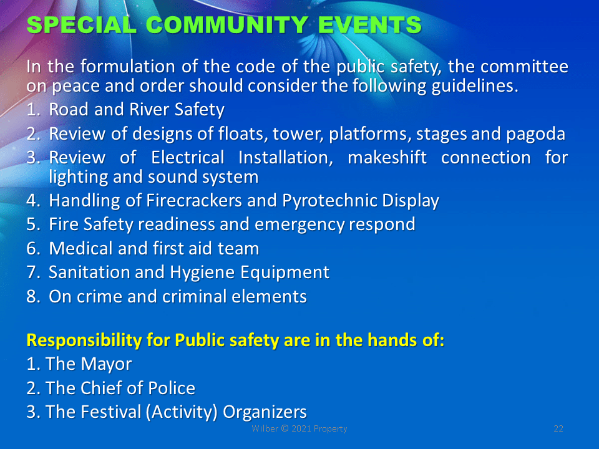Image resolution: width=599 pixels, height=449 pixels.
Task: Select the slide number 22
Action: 558,429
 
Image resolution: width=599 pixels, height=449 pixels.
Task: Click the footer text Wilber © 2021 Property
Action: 299,429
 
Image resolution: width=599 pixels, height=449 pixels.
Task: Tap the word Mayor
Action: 106,364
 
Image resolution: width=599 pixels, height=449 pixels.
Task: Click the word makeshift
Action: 387,157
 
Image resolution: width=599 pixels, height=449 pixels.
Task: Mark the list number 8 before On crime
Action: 32,297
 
